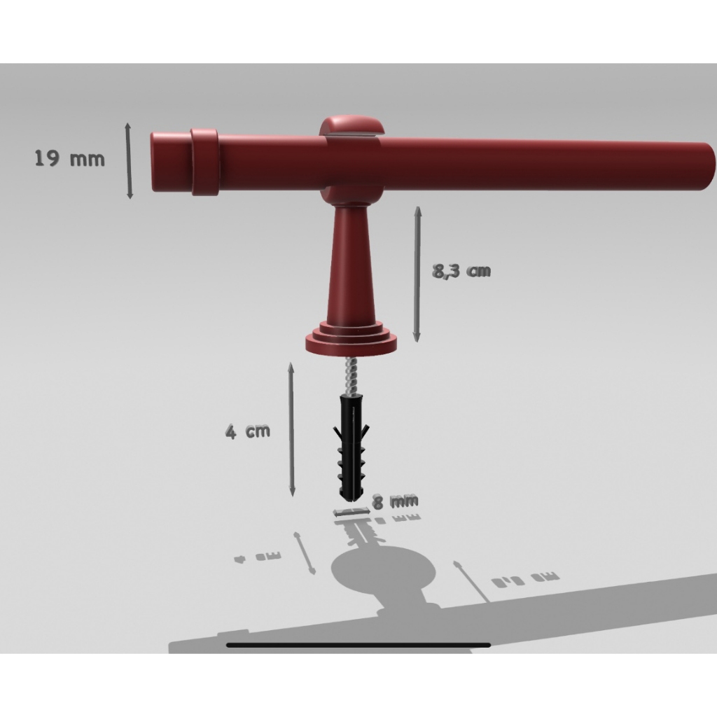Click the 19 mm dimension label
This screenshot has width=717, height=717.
point(69,159)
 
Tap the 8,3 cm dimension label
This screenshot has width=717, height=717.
point(461,271)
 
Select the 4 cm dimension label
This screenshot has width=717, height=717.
point(248,431)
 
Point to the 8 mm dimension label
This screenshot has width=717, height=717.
point(395,501)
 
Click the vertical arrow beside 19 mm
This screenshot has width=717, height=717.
point(129,160)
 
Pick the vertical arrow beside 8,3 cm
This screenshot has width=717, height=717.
point(417,274)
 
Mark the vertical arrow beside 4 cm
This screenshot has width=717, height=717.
point(291,429)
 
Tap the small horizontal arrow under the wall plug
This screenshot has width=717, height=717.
point(351,512)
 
